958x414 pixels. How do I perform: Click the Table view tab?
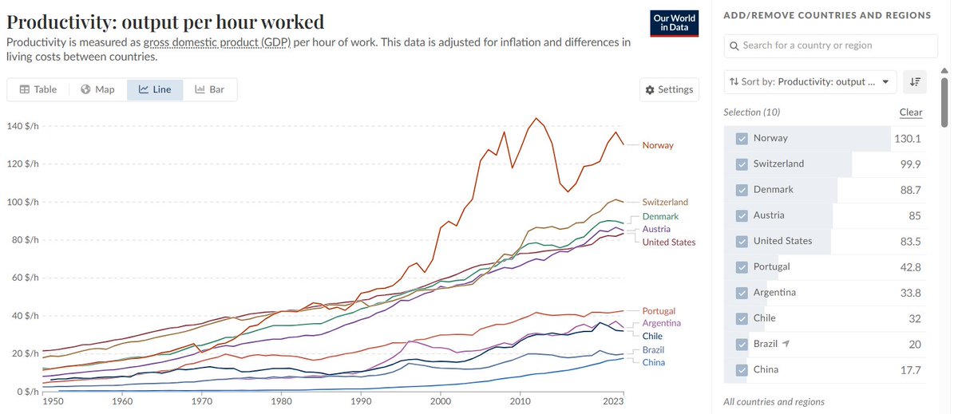pos(38,89)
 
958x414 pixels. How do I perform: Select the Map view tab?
pos(97,89)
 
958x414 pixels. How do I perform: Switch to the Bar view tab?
pos(209,89)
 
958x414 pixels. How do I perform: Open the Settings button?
pos(669,89)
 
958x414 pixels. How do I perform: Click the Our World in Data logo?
pos(674,23)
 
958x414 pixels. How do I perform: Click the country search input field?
pos(830,45)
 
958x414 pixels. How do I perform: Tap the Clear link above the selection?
pos(911,112)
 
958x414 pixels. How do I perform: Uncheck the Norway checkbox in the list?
pos(742,139)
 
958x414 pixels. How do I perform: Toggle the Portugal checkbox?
pos(742,267)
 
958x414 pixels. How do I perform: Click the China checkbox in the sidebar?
pos(742,370)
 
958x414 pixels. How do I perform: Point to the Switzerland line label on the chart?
pos(665,202)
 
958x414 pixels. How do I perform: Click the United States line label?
pos(669,242)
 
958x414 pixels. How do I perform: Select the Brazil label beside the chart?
pos(653,350)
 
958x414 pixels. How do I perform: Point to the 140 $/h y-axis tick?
pos(22,126)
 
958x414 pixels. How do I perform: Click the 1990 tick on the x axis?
pos(361,401)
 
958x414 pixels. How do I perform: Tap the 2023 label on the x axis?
pos(613,401)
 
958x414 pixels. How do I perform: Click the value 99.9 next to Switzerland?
pos(911,164)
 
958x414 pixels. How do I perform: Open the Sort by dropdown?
pos(810,82)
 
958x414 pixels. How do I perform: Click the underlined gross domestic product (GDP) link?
pos(217,42)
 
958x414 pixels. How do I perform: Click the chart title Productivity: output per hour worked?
pos(165,22)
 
